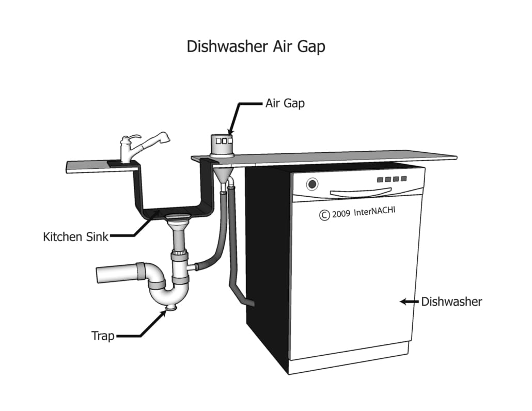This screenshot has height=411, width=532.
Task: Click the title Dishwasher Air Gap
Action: [x=256, y=47]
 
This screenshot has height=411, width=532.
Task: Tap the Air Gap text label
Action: [x=285, y=103]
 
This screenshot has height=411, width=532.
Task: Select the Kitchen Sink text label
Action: [x=76, y=238]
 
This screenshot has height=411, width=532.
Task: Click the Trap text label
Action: [x=103, y=336]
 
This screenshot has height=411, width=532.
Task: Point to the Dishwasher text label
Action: [x=451, y=302]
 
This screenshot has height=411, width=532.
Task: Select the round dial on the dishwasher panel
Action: [x=312, y=184]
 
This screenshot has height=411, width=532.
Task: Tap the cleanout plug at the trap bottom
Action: [x=169, y=309]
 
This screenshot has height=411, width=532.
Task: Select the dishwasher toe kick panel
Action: [x=349, y=363]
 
